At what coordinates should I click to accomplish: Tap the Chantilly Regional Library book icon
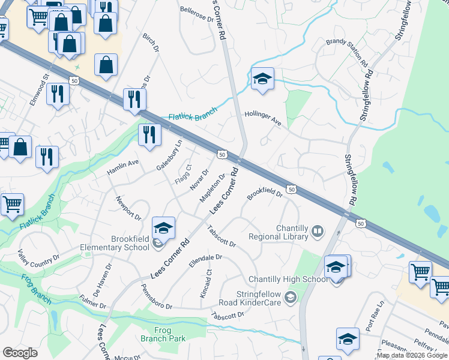(x=317, y=230)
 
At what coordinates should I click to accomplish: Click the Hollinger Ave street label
(x=263, y=118)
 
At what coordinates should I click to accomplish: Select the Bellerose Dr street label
(x=197, y=14)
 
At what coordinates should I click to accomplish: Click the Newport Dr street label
(x=128, y=208)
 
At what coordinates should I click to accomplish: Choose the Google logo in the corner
(x=20, y=353)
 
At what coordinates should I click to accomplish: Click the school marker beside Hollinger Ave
(x=262, y=79)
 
